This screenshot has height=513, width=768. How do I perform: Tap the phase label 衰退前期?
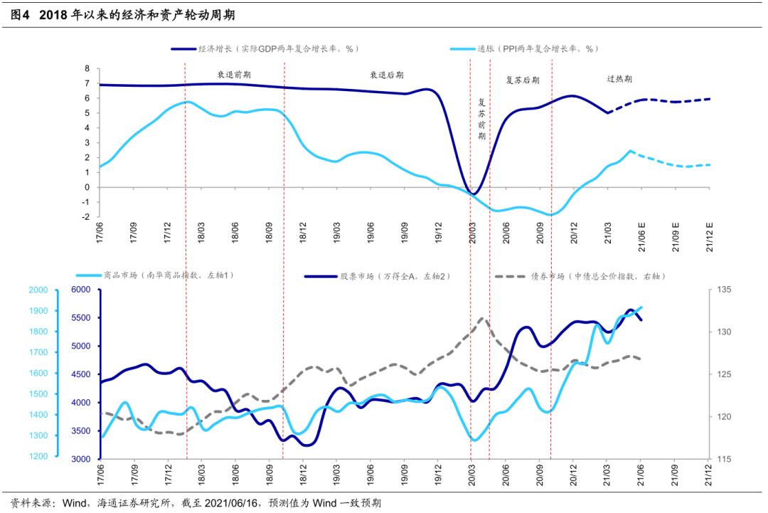234,74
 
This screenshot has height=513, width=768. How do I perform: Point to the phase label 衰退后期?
386,74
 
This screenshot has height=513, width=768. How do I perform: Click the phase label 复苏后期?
522,80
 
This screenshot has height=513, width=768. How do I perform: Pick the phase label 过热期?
619,79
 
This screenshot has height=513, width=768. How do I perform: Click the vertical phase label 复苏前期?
481,118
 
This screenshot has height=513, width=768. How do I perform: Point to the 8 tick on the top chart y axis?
87,68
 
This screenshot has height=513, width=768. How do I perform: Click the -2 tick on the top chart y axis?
85,217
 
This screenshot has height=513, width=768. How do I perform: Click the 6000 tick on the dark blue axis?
81,290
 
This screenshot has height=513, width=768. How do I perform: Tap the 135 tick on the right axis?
724,290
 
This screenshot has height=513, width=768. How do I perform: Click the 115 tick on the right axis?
724,459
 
